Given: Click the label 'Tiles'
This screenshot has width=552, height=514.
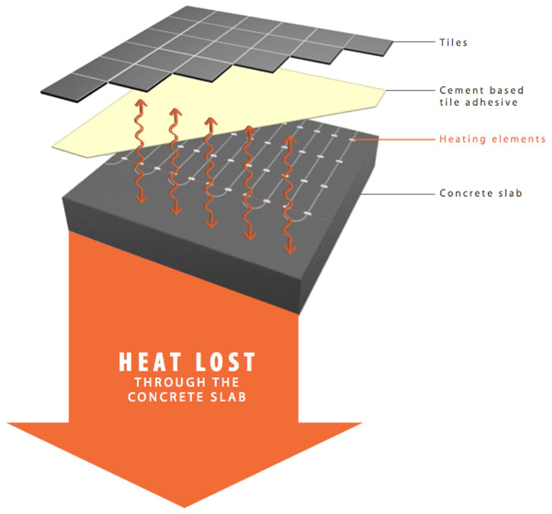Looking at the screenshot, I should [453, 42].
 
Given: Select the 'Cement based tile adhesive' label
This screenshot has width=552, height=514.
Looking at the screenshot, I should [481, 96].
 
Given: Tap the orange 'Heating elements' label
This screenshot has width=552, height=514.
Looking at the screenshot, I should [493, 139].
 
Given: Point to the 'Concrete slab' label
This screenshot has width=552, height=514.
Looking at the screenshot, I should [480, 193].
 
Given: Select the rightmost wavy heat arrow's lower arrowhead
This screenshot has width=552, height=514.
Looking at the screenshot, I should [289, 249].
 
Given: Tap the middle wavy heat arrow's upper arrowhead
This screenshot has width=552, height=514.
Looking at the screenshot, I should [210, 121].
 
